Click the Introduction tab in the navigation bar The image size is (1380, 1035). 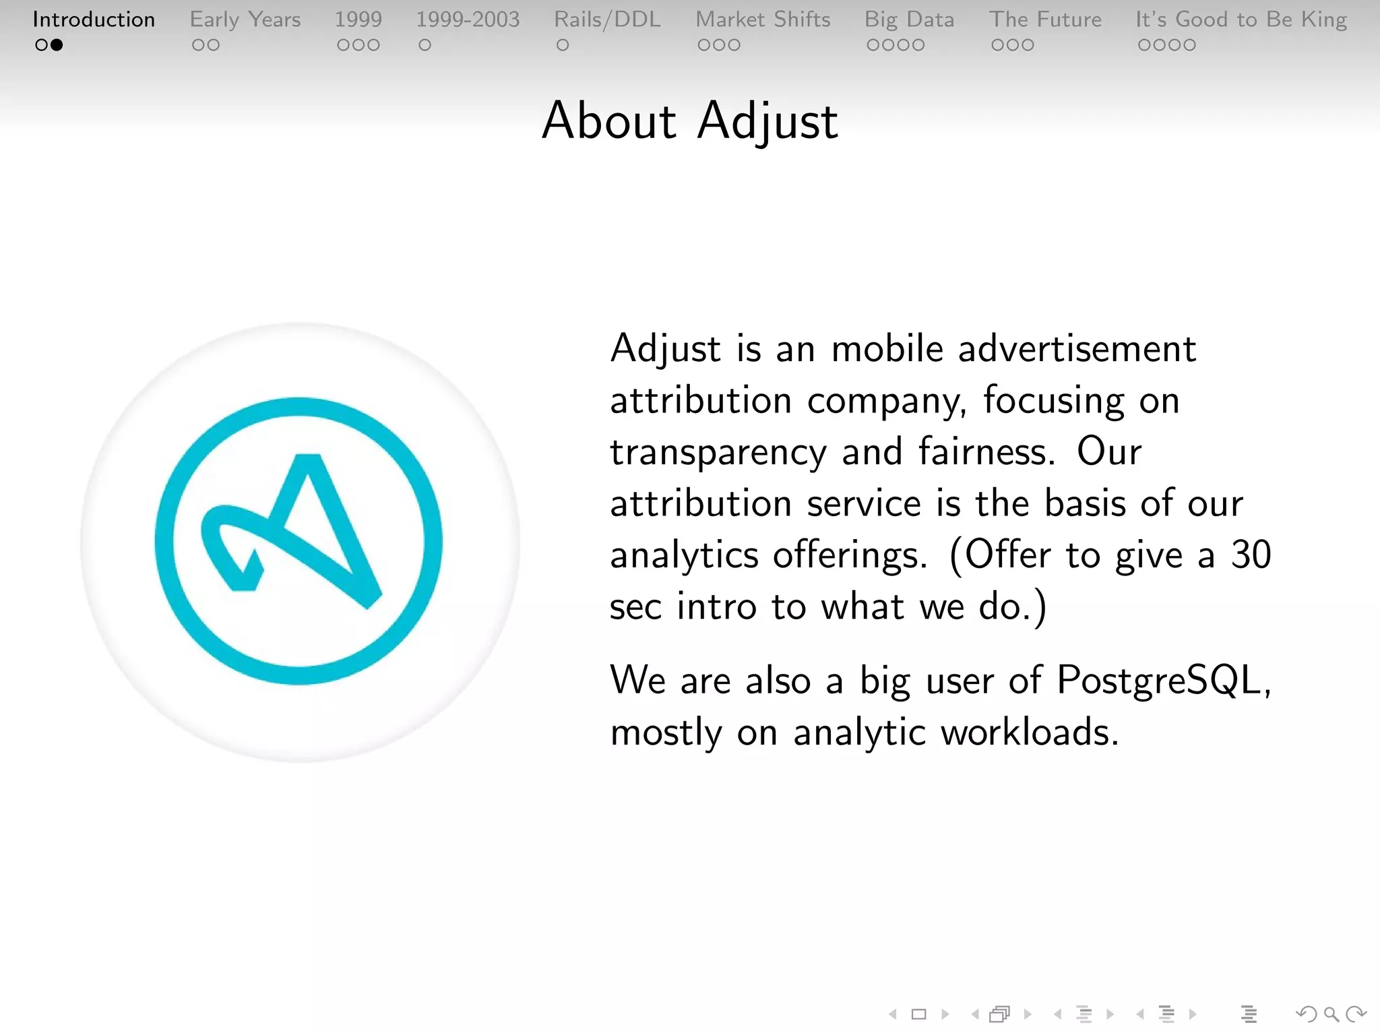(94, 20)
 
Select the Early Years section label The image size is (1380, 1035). (245, 20)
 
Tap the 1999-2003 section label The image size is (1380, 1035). (468, 20)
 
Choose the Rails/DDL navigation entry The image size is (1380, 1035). (607, 20)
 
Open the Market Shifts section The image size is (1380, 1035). (763, 20)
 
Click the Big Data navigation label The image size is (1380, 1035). (909, 20)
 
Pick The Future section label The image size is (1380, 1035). (1045, 20)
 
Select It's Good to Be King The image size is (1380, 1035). (1241, 20)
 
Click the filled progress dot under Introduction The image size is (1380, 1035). (57, 45)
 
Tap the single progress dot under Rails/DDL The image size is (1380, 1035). (563, 45)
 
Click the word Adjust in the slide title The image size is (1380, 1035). (767, 121)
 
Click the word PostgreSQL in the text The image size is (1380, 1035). (1159, 680)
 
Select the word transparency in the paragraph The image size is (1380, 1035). (718, 451)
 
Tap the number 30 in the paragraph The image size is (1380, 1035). (1251, 555)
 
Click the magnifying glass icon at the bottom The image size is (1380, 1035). (1331, 1014)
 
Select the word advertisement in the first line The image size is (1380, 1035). (1077, 349)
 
